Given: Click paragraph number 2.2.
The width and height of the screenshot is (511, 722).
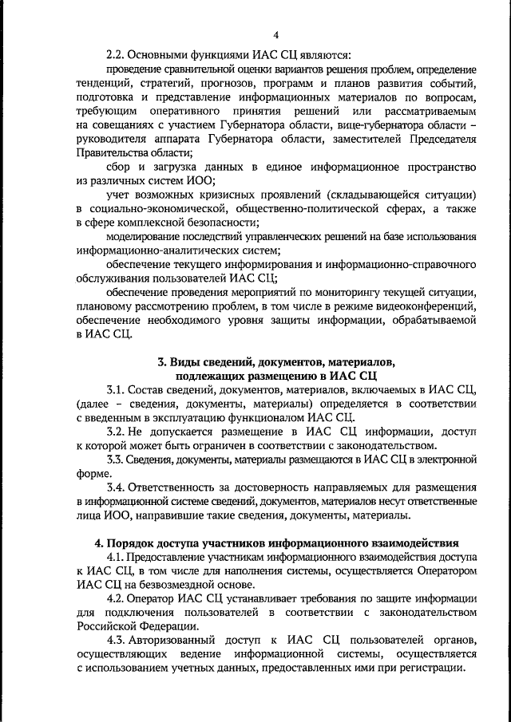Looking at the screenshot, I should pyautogui.click(x=117, y=55).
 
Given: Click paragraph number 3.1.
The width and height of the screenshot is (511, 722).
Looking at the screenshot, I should pyautogui.click(x=117, y=388).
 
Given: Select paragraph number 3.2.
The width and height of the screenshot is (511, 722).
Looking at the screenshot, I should pyautogui.click(x=117, y=431).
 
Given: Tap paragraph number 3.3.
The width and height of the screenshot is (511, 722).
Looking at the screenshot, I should pyautogui.click(x=117, y=459).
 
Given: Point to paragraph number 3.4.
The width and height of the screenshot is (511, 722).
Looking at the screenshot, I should pyautogui.click(x=117, y=487).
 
